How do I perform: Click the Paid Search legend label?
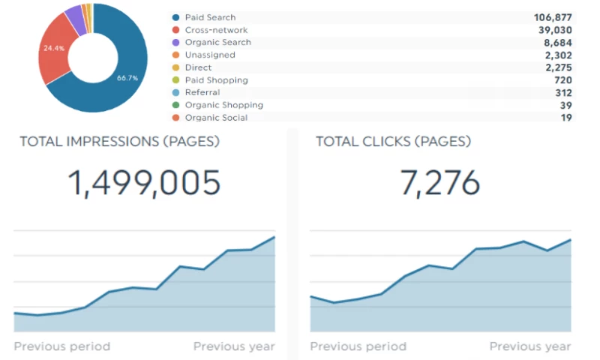coord(210,17)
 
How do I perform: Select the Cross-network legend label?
coord(216,30)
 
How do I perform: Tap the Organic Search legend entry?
coord(217,43)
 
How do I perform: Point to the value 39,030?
coord(556,30)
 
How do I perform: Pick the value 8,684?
coord(559,43)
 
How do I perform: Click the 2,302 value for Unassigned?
coord(559,55)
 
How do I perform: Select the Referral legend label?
coord(202,92)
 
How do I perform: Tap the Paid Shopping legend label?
coord(216,80)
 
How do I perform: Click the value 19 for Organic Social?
coord(566,118)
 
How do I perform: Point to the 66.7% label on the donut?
coord(127,78)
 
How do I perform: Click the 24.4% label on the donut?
coord(54,47)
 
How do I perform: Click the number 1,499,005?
coord(145,183)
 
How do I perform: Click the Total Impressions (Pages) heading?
coord(119,141)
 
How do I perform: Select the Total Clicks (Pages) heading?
coord(393,141)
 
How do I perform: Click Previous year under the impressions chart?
coord(234,346)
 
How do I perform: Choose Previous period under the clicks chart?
coord(358,346)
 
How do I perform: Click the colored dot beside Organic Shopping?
coord(175,105)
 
